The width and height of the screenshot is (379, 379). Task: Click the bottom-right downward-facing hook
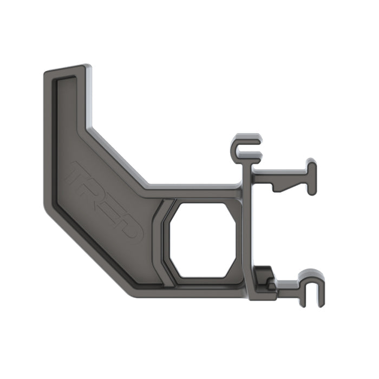[x=313, y=287]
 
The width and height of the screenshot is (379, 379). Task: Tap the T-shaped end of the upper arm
[x=311, y=176]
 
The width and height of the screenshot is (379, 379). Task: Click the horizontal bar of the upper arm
[x=279, y=175]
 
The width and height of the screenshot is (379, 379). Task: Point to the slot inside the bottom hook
[x=313, y=292]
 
